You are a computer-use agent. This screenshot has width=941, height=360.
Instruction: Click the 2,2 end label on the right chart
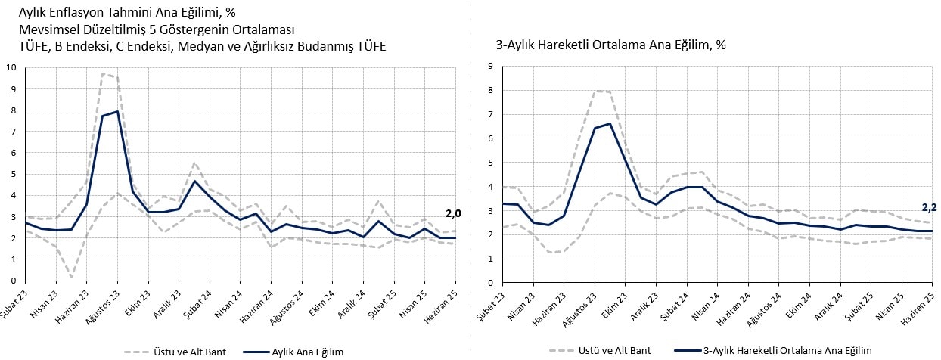coord(930,207)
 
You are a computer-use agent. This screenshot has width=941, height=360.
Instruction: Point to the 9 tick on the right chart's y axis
coord(491,66)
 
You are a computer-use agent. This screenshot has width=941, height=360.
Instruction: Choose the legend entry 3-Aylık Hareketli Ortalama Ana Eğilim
coord(787,351)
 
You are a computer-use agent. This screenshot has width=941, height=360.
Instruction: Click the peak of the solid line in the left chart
coord(116,111)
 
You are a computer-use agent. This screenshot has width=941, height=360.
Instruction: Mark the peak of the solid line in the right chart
coord(610,123)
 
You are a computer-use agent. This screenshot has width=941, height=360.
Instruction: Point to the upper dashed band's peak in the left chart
coord(102,73)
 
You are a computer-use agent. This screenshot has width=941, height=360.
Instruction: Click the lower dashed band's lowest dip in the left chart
coord(72,278)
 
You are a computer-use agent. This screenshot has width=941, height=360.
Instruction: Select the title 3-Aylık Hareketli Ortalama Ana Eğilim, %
coord(610,45)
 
